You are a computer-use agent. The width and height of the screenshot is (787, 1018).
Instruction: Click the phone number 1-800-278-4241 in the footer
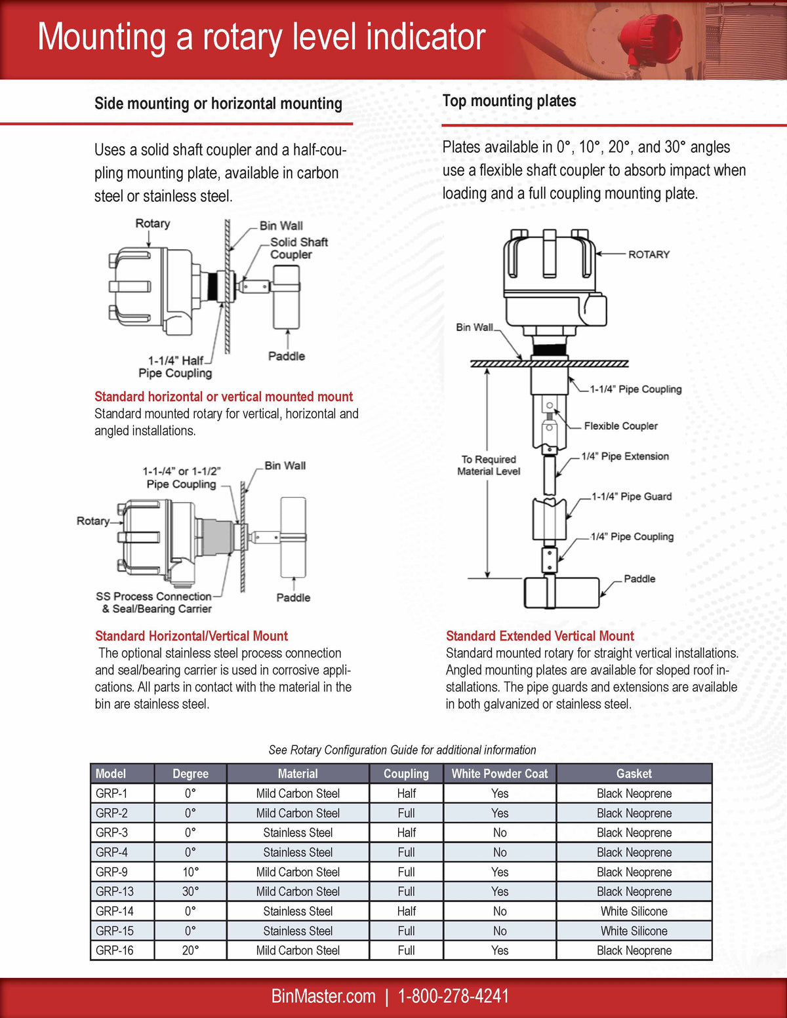coord(453,996)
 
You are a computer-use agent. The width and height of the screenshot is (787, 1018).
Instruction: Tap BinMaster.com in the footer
coord(323,996)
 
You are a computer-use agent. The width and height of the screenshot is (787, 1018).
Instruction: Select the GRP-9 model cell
coord(112,872)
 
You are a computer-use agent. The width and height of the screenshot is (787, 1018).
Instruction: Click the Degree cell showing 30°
coord(190,891)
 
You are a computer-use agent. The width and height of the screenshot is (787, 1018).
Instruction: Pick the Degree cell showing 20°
coord(190,950)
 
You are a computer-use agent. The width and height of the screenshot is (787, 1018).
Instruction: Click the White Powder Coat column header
coord(499,773)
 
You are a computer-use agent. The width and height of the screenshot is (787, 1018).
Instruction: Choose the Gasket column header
coord(634,773)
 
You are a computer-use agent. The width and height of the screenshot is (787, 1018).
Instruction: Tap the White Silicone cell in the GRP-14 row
coord(634,911)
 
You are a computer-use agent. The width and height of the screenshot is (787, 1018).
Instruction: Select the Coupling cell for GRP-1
coord(406,793)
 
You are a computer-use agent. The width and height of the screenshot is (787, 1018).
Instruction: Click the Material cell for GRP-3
coord(298,832)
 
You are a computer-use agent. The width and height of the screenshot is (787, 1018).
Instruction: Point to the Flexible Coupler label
coord(620,426)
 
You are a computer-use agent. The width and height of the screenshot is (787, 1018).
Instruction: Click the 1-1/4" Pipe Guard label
coord(632,496)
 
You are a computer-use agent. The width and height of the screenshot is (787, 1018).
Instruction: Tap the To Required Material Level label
coord(489,465)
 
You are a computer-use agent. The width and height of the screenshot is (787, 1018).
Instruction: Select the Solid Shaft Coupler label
coord(298,248)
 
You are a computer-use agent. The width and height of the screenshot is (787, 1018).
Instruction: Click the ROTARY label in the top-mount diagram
coord(649,254)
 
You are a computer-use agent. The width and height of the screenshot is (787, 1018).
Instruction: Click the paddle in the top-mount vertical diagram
coord(561,593)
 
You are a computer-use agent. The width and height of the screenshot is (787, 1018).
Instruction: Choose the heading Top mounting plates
coord(509,101)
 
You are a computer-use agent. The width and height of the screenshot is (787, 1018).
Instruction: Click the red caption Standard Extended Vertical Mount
coord(540,636)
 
